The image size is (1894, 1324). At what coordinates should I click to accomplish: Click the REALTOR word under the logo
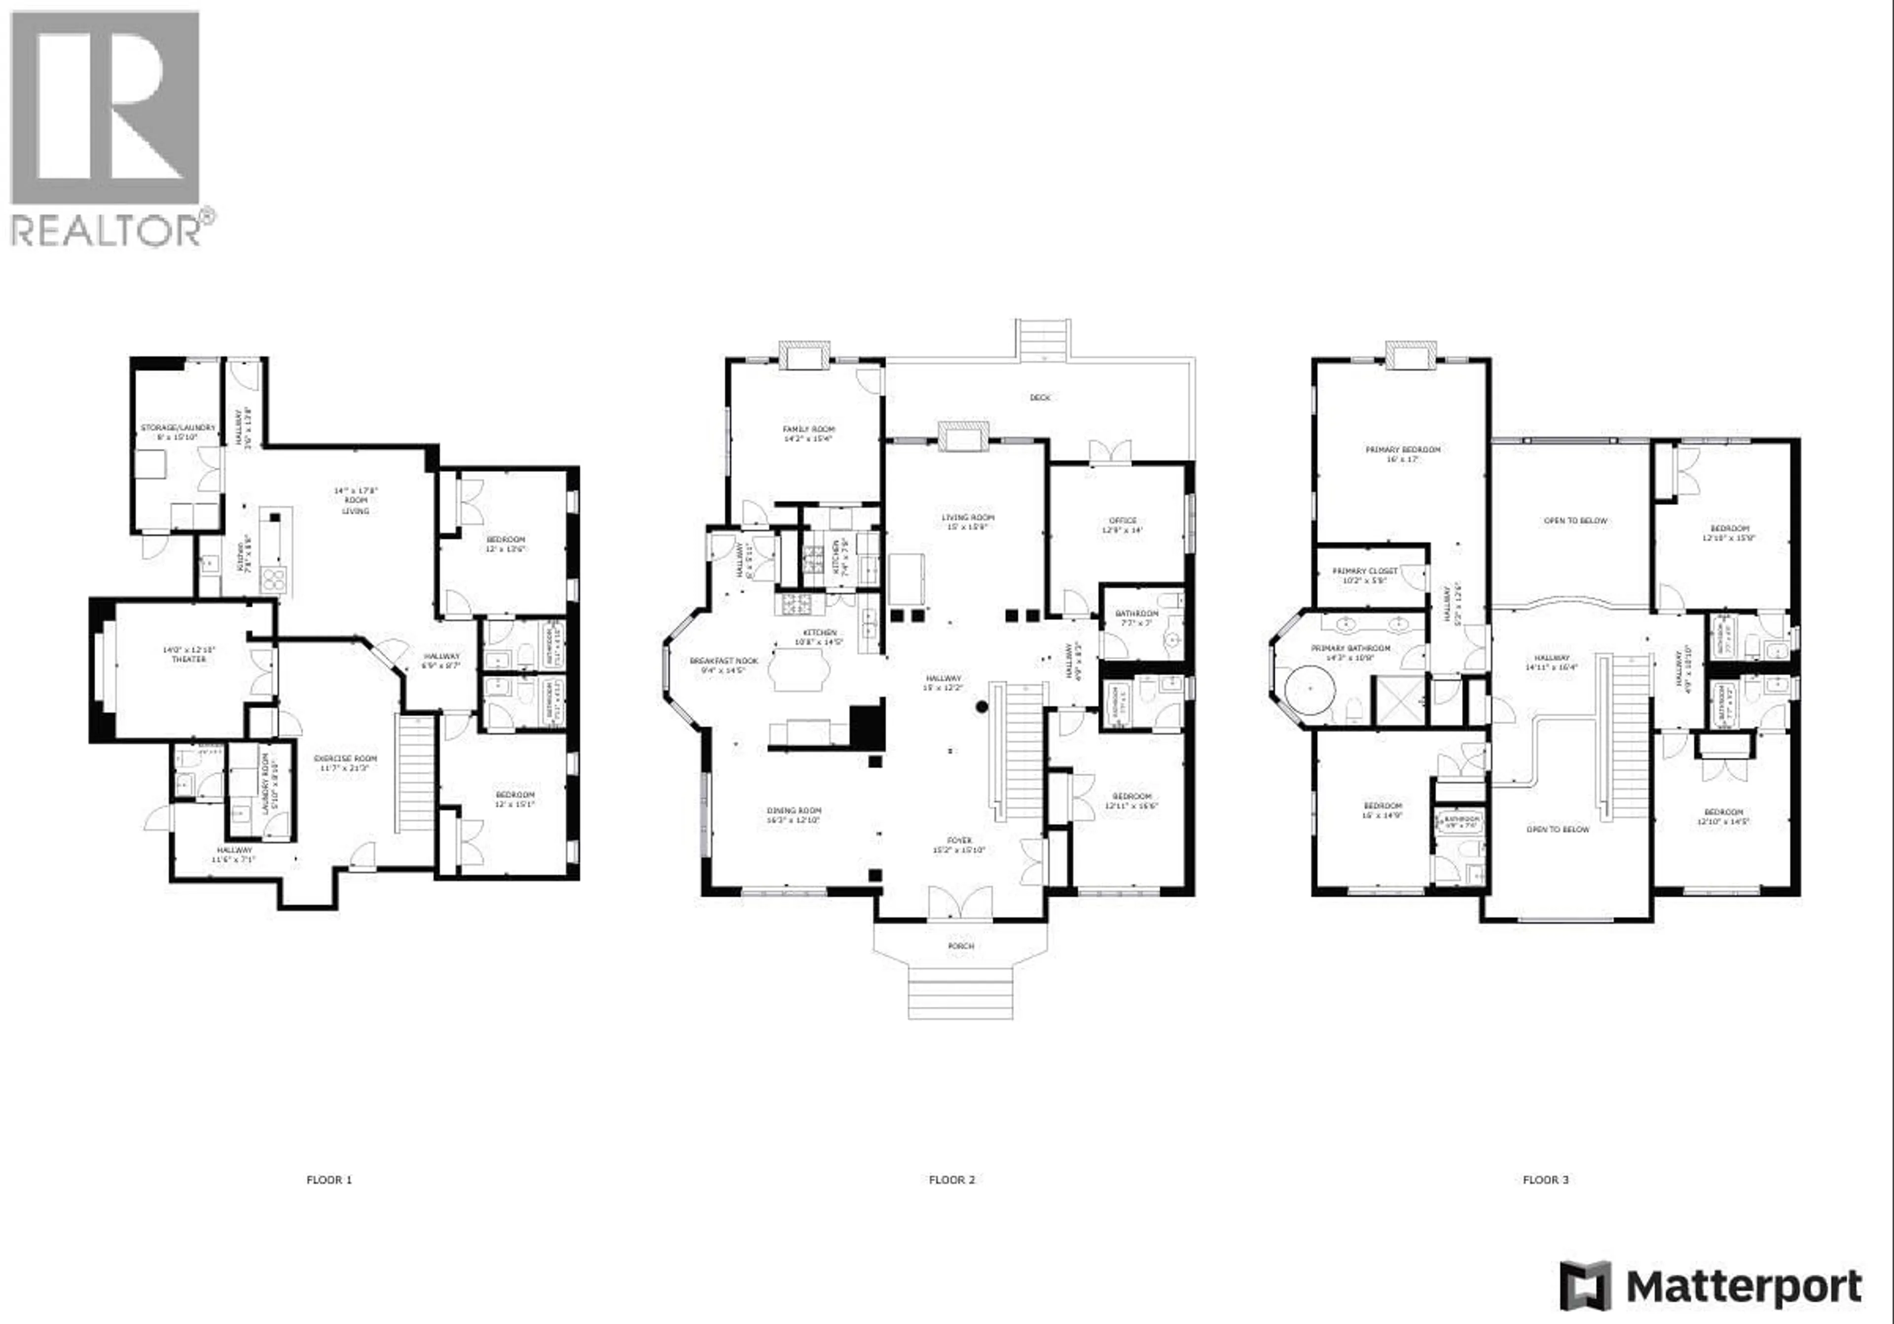point(105,230)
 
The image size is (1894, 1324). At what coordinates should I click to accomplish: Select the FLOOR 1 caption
point(329,1179)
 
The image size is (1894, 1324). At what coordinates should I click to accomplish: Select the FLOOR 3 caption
point(1545,1179)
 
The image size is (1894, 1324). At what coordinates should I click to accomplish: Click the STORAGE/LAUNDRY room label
point(178,427)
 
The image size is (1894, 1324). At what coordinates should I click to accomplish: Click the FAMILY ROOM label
point(808,429)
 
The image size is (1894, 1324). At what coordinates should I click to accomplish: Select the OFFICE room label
point(1123,520)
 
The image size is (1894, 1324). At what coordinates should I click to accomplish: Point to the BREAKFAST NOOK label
point(724,661)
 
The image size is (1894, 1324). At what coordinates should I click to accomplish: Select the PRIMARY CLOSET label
point(1364,571)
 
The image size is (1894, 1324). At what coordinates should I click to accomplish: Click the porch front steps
point(960,993)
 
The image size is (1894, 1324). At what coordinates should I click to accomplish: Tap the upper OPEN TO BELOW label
point(1575,520)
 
